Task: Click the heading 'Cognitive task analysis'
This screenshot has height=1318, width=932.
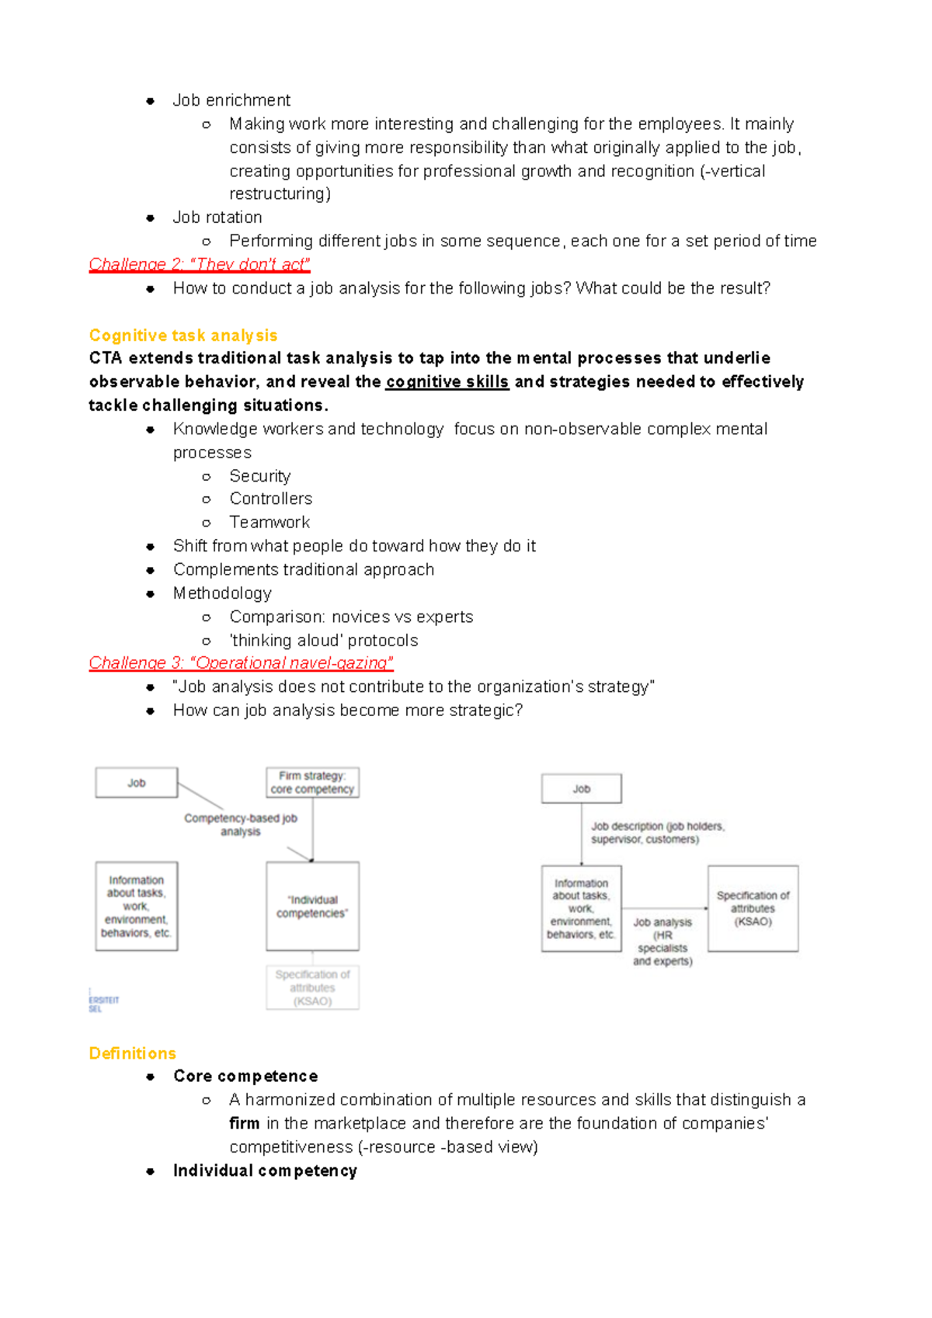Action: pyautogui.click(x=183, y=336)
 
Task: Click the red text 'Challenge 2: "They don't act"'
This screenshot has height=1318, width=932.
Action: pyautogui.click(x=200, y=265)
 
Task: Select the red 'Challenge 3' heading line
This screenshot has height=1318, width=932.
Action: pyautogui.click(x=241, y=663)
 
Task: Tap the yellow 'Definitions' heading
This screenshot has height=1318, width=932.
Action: pyautogui.click(x=132, y=1053)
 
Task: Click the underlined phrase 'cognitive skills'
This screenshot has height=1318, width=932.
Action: pyautogui.click(x=447, y=382)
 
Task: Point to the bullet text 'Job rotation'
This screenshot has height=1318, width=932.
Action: pyautogui.click(x=217, y=217)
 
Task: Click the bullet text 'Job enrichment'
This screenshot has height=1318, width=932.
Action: pyautogui.click(x=231, y=100)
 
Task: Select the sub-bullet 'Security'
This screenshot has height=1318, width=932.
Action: pyautogui.click(x=259, y=476)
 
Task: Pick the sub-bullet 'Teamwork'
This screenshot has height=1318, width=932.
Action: pyautogui.click(x=269, y=522)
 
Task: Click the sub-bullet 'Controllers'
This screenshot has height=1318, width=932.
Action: pyautogui.click(x=270, y=499)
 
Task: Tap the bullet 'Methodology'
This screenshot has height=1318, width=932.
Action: pyautogui.click(x=222, y=593)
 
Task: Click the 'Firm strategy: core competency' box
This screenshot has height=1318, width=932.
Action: pyautogui.click(x=312, y=783)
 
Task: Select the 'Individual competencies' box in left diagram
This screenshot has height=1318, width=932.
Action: pyautogui.click(x=312, y=906)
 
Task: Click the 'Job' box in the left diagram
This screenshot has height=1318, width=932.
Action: pyautogui.click(x=137, y=783)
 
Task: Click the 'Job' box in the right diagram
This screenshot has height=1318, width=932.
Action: pyautogui.click(x=581, y=788)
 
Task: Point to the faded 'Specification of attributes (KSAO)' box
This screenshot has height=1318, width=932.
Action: pyautogui.click(x=312, y=987)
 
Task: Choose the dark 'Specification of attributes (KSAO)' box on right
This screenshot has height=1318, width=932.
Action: pyautogui.click(x=753, y=909)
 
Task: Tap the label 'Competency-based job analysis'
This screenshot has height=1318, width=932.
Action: pyautogui.click(x=241, y=825)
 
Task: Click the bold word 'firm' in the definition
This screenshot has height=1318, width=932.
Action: pyautogui.click(x=244, y=1124)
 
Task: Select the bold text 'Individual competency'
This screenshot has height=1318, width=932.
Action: pyautogui.click(x=265, y=1171)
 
